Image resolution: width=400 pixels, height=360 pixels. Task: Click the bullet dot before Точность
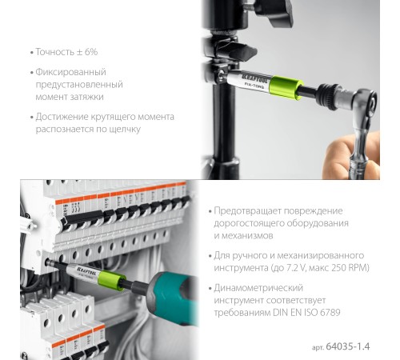(x=29, y=52)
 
